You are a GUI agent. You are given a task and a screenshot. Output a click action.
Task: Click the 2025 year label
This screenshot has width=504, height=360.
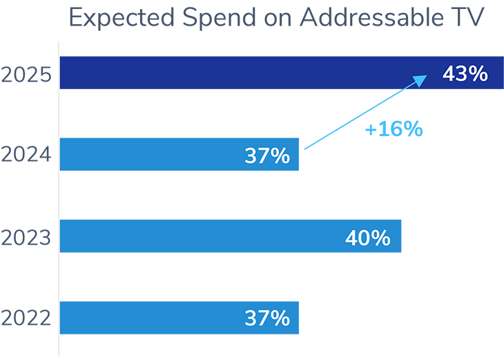coord(26,74)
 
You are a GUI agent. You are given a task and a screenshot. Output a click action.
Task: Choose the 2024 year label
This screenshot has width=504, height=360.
coord(26,155)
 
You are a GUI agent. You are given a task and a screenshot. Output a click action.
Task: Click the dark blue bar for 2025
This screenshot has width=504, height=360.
coord(242,73)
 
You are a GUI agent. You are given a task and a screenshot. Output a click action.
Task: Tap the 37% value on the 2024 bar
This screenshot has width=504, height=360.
coord(267,156)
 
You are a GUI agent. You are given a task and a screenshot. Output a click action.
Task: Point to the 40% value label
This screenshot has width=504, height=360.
coord(368,238)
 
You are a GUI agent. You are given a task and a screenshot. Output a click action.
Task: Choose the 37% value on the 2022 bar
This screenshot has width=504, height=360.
coord(267,319)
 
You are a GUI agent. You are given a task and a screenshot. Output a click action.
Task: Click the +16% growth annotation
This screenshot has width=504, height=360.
coord(394,129)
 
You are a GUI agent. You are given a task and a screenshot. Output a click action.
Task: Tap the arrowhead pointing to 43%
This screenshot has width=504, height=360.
coord(419,81)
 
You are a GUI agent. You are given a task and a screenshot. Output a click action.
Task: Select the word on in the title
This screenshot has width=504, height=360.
coord(276,19)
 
